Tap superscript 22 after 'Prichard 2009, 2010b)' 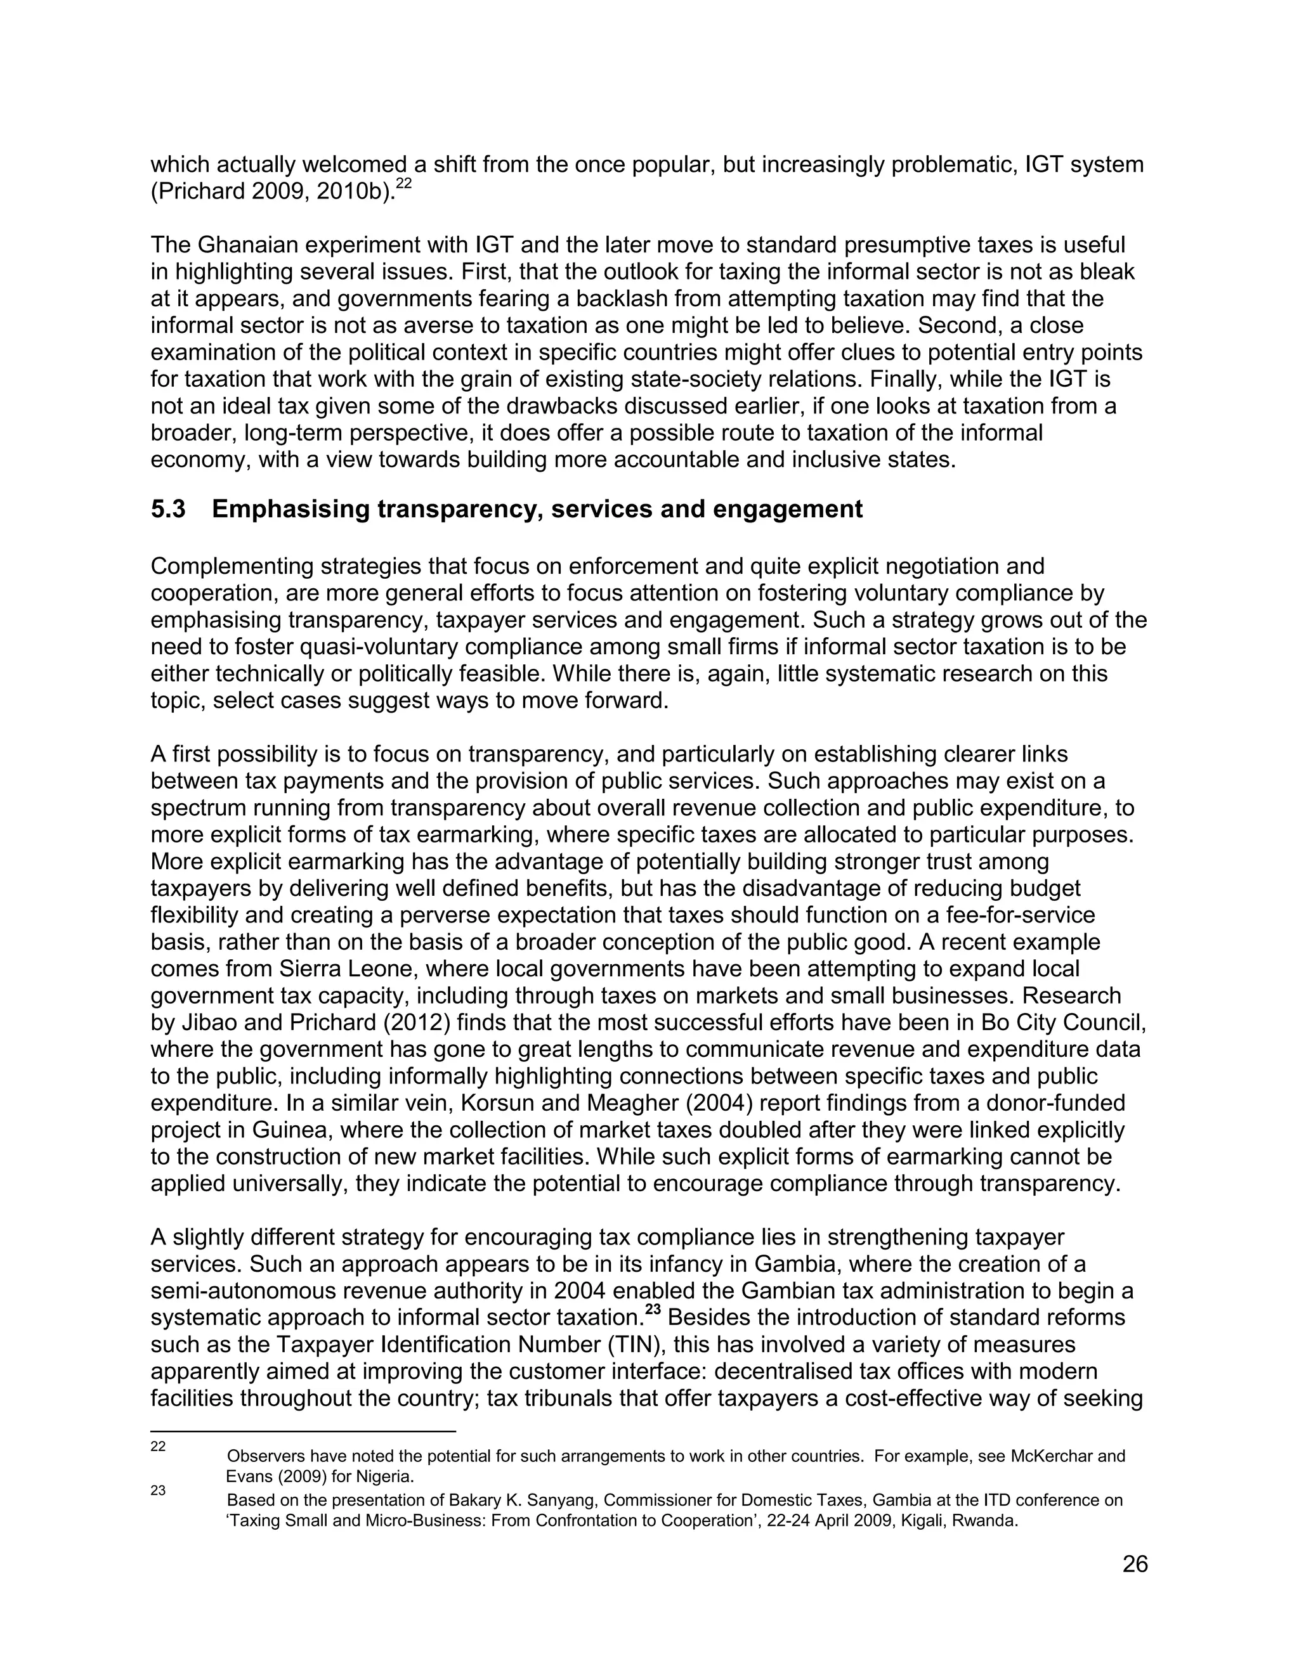point(404,184)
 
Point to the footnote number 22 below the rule point(158,1446)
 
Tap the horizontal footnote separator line point(303,1431)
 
